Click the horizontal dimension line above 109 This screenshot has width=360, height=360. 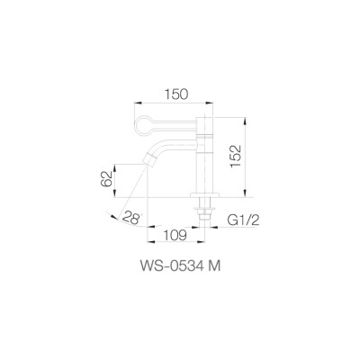point(176,226)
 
